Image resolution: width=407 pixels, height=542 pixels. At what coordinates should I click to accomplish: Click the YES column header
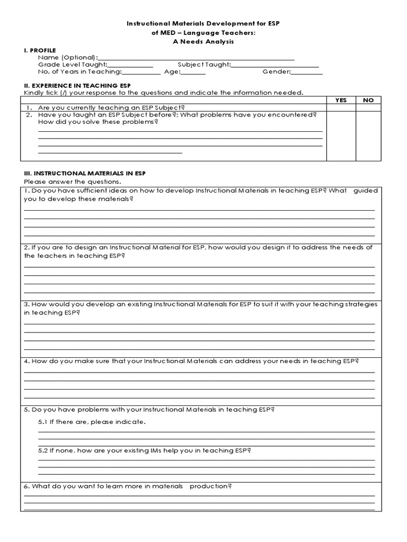341,100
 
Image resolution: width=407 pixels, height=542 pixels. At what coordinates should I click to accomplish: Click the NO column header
368,100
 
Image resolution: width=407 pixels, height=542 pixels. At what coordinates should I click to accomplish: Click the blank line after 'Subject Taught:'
275,65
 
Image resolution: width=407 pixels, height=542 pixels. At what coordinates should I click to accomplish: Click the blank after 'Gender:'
307,73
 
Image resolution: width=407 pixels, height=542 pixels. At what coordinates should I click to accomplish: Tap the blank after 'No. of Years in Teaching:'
138,73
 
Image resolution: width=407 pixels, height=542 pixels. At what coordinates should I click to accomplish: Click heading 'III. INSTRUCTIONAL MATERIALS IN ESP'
83,173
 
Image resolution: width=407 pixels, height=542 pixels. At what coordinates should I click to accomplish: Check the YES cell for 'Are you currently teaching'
341,106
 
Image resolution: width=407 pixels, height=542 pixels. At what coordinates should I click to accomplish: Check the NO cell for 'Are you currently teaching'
368,106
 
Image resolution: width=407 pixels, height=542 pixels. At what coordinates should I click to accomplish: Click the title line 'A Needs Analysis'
204,41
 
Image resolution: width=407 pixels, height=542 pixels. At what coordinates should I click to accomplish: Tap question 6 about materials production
128,486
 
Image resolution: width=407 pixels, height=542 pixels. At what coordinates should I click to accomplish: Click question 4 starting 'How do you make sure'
191,361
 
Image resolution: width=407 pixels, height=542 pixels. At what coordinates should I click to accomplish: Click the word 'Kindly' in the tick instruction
33,93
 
